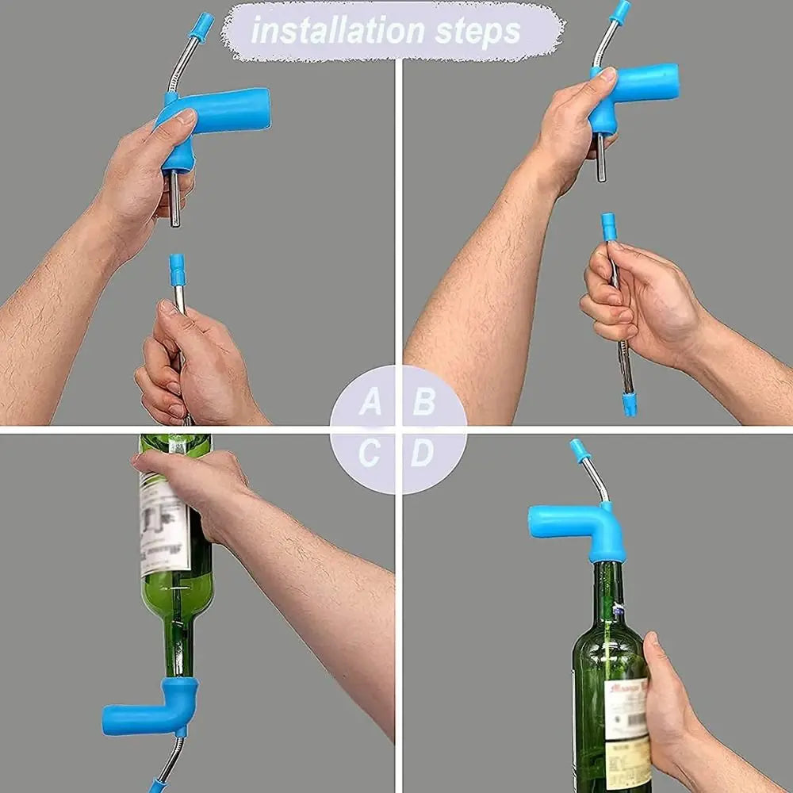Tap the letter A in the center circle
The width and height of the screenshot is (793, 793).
click(x=370, y=402)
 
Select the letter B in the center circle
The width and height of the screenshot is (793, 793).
click(x=423, y=402)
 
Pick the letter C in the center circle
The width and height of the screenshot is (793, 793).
click(x=370, y=454)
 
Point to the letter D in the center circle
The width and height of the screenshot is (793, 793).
click(x=423, y=454)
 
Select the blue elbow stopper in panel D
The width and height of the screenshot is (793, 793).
click(x=579, y=527)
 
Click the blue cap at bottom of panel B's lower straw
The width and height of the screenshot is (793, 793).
click(x=629, y=404)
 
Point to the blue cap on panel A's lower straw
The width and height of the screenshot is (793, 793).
click(x=178, y=270)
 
